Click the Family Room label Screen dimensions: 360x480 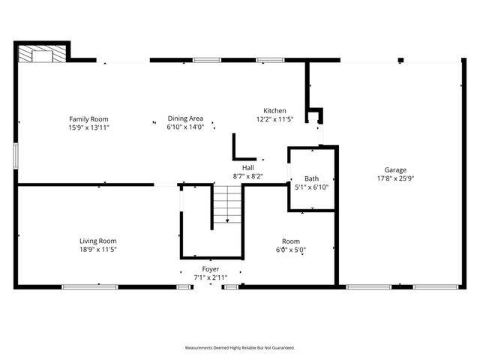(89, 119)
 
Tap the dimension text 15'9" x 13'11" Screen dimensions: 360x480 (89, 127)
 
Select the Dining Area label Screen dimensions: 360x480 (185, 119)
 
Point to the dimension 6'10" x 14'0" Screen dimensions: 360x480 (185, 127)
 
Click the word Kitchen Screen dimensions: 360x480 (274, 111)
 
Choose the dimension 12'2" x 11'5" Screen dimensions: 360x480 (274, 119)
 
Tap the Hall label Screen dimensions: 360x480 (247, 167)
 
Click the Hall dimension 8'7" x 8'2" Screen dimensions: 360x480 (247, 175)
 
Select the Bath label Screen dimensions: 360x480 (311, 178)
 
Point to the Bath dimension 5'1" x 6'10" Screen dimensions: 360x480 (311, 187)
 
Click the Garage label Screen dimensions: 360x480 (396, 170)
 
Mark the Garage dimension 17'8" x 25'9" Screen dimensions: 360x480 (396, 178)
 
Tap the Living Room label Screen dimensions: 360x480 (98, 241)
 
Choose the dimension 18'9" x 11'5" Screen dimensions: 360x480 (98, 249)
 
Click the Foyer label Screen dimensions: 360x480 (211, 268)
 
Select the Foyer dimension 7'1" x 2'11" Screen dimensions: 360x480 (211, 277)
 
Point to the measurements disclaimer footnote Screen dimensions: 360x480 (240, 348)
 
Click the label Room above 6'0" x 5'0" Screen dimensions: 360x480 (291, 241)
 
